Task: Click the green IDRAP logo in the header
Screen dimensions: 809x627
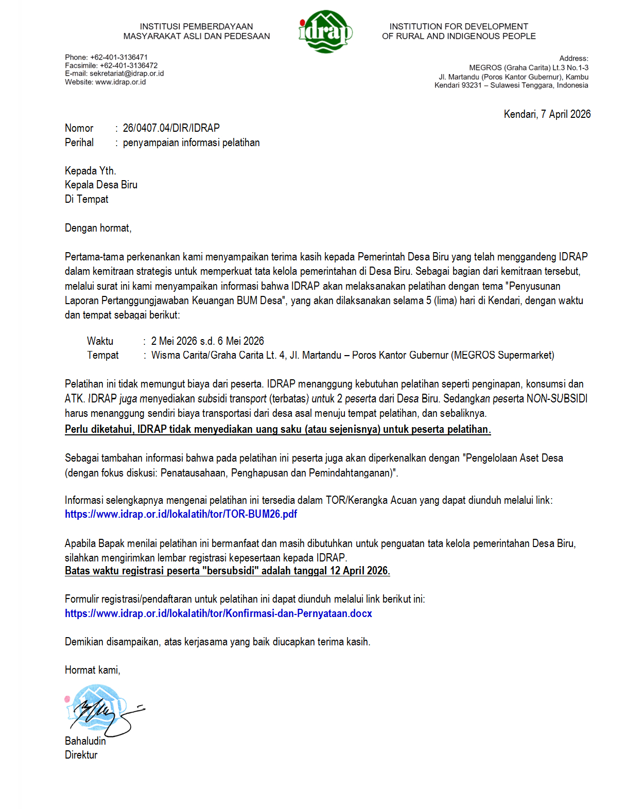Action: [x=325, y=32]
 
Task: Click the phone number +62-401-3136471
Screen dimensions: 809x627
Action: [x=118, y=57]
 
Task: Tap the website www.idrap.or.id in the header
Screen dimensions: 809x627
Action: [x=120, y=82]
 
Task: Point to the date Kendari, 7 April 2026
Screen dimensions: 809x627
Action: [x=547, y=114]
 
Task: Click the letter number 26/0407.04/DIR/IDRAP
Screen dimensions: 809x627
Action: [x=171, y=128]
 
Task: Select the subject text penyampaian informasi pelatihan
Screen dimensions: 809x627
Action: [x=191, y=143]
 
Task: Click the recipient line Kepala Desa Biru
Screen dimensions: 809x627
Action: [x=101, y=185]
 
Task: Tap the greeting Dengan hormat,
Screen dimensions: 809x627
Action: [x=98, y=228]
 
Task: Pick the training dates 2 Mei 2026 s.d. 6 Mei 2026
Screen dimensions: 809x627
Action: [x=207, y=341]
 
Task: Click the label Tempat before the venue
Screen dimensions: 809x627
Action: [x=102, y=355]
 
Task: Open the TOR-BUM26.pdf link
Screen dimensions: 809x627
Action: [x=181, y=514]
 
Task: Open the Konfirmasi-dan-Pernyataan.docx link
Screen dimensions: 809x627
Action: [x=218, y=613]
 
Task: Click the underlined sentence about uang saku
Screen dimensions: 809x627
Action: [x=277, y=429]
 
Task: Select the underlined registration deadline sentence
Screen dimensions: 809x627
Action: [x=227, y=571]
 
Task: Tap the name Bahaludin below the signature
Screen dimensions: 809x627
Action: [x=85, y=741]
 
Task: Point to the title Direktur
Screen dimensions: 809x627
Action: [x=81, y=755]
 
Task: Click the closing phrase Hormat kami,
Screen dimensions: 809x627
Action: [x=92, y=670]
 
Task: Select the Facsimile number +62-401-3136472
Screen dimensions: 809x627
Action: [x=129, y=65]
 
